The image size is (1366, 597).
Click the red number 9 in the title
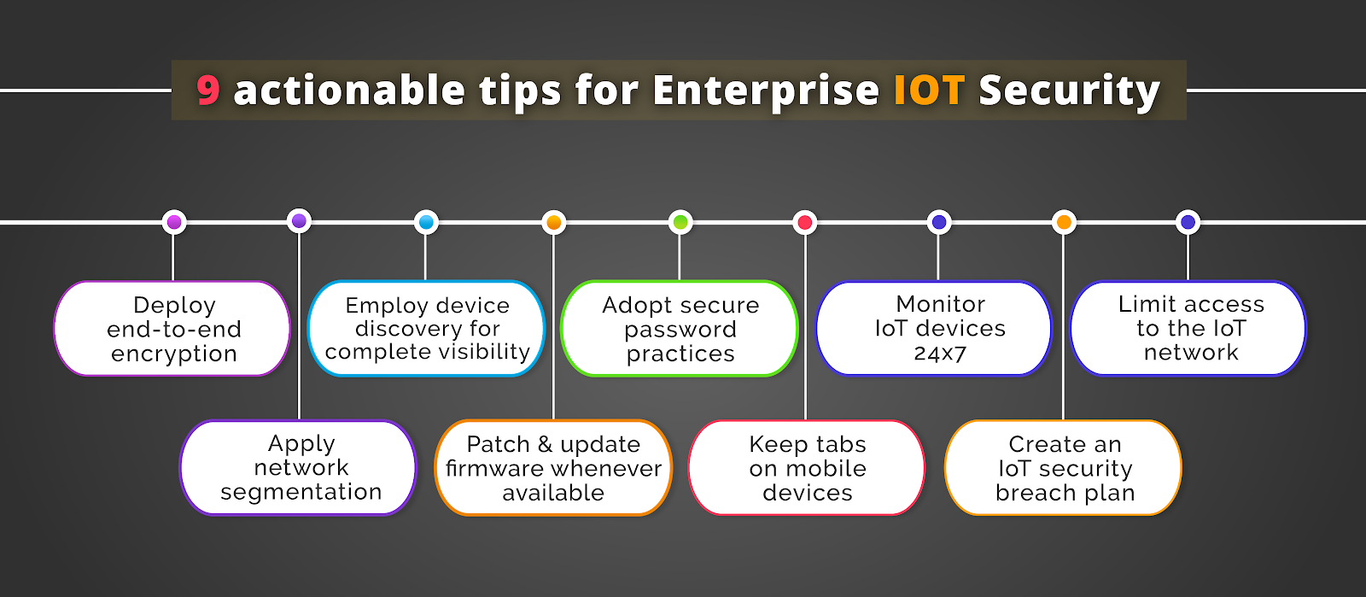click(x=208, y=91)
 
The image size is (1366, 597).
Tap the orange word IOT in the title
click(x=929, y=91)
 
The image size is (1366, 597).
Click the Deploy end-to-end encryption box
click(x=172, y=328)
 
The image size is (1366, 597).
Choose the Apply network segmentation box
click(x=298, y=468)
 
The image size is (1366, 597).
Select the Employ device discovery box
click(x=426, y=328)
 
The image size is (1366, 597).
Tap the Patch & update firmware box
click(x=553, y=468)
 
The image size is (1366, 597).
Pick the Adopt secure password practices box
click(x=680, y=328)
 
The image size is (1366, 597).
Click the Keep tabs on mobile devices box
click(x=806, y=468)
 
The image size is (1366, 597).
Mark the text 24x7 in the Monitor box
click(x=940, y=354)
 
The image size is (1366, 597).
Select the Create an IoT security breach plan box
click(x=1063, y=468)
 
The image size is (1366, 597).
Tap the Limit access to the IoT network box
click(x=1188, y=328)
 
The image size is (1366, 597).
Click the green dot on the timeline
click(x=680, y=222)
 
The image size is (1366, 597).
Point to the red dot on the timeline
click(x=805, y=222)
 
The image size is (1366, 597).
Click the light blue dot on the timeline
click(x=426, y=222)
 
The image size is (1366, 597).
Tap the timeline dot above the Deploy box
click(x=174, y=222)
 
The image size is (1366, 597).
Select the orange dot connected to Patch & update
click(x=554, y=222)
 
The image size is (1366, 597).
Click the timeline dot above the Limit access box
click(x=1188, y=222)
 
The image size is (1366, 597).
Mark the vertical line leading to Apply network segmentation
click(x=299, y=326)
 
